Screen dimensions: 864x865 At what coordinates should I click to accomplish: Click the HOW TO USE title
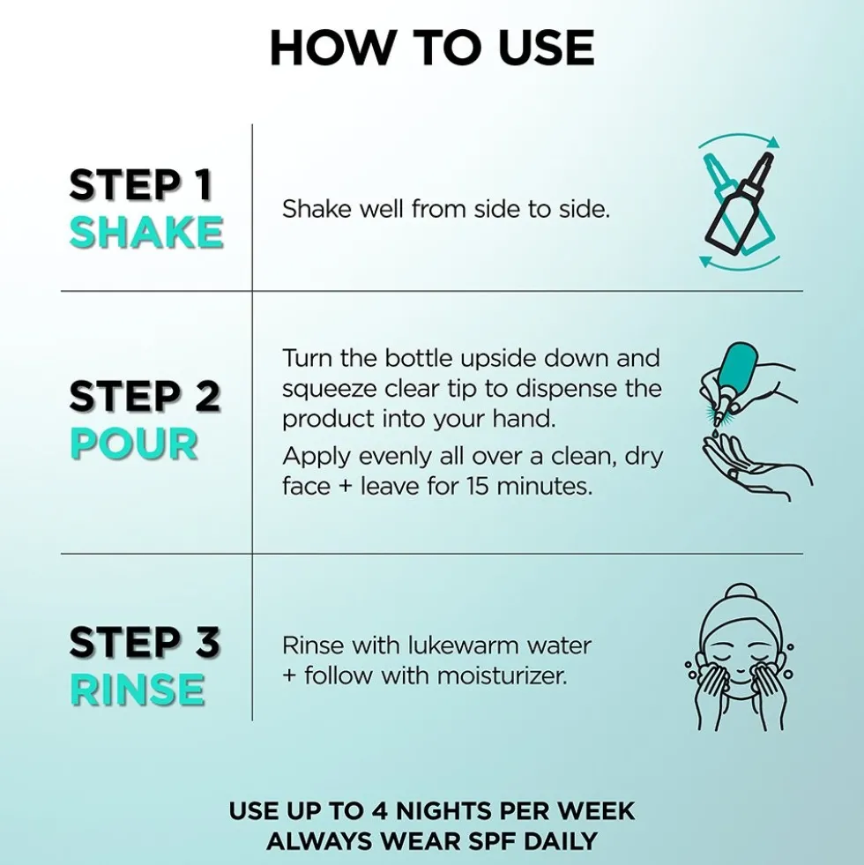tap(432, 48)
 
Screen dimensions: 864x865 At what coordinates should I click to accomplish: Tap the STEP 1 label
tap(141, 184)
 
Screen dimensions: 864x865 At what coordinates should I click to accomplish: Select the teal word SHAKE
tap(146, 232)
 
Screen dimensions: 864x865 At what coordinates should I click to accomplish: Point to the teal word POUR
tap(134, 444)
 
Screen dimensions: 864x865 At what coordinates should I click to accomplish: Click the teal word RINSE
tap(138, 690)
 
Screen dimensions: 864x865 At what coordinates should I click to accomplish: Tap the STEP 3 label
tap(145, 642)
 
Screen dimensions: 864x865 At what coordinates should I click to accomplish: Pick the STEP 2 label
tap(145, 396)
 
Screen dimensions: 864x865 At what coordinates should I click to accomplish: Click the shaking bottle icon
tap(740, 203)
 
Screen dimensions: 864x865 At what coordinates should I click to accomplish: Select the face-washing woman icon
tap(740, 657)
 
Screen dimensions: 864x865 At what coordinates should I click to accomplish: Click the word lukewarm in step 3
tap(463, 645)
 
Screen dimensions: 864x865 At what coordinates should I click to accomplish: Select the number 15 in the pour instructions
tap(477, 486)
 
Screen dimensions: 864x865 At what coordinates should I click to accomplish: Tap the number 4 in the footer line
tap(380, 811)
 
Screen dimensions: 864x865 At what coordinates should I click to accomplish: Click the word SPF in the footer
tap(492, 841)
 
